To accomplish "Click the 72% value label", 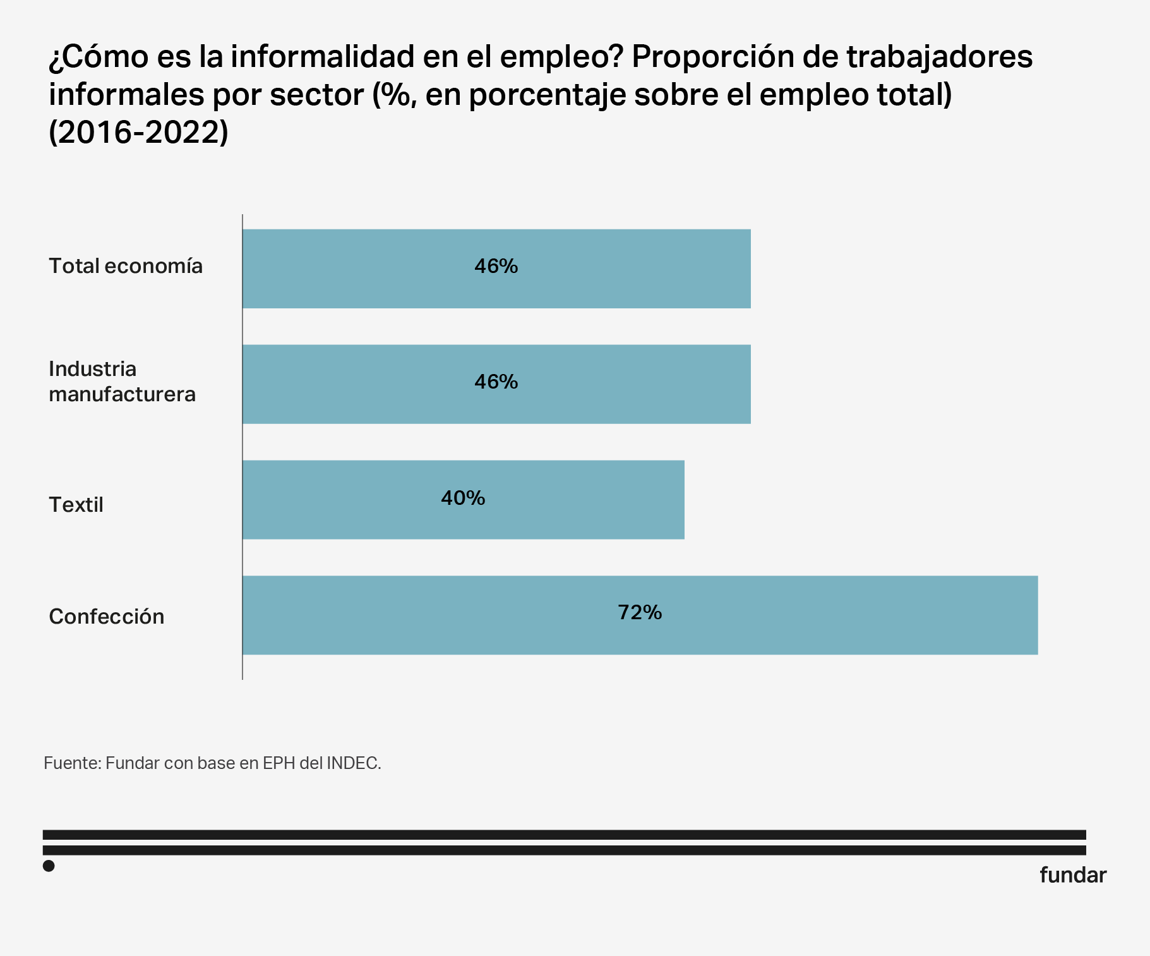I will pyautogui.click(x=640, y=612).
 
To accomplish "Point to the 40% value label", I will pyautogui.click(x=463, y=498).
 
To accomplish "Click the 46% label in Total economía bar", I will pyautogui.click(x=496, y=266).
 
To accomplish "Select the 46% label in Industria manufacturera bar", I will pyautogui.click(x=496, y=382).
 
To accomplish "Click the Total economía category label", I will pyautogui.click(x=126, y=266).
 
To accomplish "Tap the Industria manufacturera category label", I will pyautogui.click(x=122, y=382).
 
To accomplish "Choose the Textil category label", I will pyautogui.click(x=76, y=505).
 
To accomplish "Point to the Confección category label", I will pyautogui.click(x=106, y=617).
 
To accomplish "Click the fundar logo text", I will pyautogui.click(x=1072, y=875).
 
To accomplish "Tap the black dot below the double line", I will pyautogui.click(x=49, y=866).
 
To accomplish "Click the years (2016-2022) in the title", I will pyautogui.click(x=138, y=132).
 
